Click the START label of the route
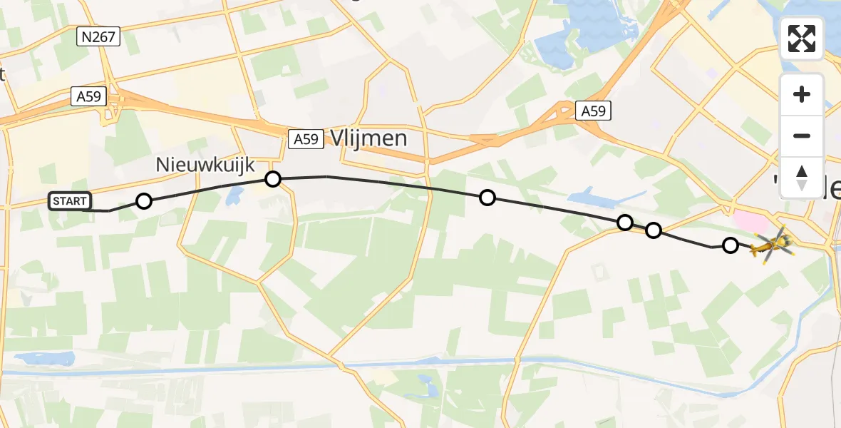click(x=69, y=201)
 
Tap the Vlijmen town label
click(x=368, y=138)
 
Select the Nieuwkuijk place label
click(x=205, y=165)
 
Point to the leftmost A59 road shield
click(x=88, y=96)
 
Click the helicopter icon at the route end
click(x=770, y=245)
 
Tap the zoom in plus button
click(x=802, y=95)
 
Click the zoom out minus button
click(x=802, y=136)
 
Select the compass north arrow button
click(x=802, y=177)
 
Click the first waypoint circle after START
click(x=144, y=201)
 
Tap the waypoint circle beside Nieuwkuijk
click(x=273, y=178)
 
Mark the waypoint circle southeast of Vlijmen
click(x=487, y=198)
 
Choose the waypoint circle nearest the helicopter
click(x=730, y=245)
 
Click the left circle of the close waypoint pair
click(x=624, y=223)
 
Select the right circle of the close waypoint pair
click(x=653, y=230)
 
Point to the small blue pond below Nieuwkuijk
click(x=233, y=198)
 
